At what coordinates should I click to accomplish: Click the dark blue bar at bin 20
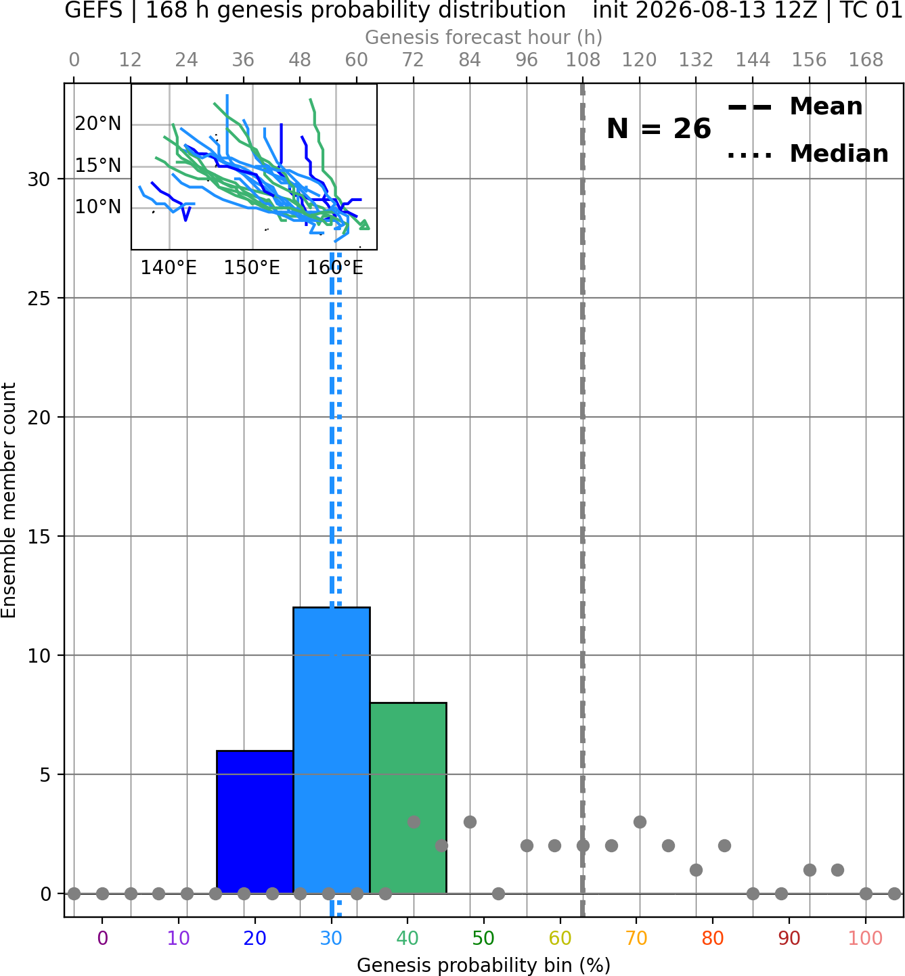point(255,822)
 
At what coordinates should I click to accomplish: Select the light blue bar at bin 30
point(332,751)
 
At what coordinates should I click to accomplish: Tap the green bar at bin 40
point(408,798)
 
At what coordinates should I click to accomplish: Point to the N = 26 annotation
point(659,129)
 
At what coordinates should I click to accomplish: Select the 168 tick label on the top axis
point(866,60)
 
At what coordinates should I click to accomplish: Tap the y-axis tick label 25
point(39,298)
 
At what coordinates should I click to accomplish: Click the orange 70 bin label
point(636,938)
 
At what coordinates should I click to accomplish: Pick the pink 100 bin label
point(866,938)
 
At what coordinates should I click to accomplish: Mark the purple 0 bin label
point(102,938)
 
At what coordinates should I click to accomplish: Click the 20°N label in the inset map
point(98,123)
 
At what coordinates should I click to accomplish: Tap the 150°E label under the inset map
point(252,268)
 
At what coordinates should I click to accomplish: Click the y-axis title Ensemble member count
point(9,500)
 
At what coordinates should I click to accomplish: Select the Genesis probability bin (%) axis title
point(484,965)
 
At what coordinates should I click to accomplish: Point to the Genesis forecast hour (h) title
point(484,38)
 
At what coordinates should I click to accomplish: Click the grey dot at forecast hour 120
point(640,822)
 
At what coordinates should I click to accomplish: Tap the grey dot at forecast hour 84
point(470,822)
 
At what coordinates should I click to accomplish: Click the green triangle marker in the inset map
point(364,225)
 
